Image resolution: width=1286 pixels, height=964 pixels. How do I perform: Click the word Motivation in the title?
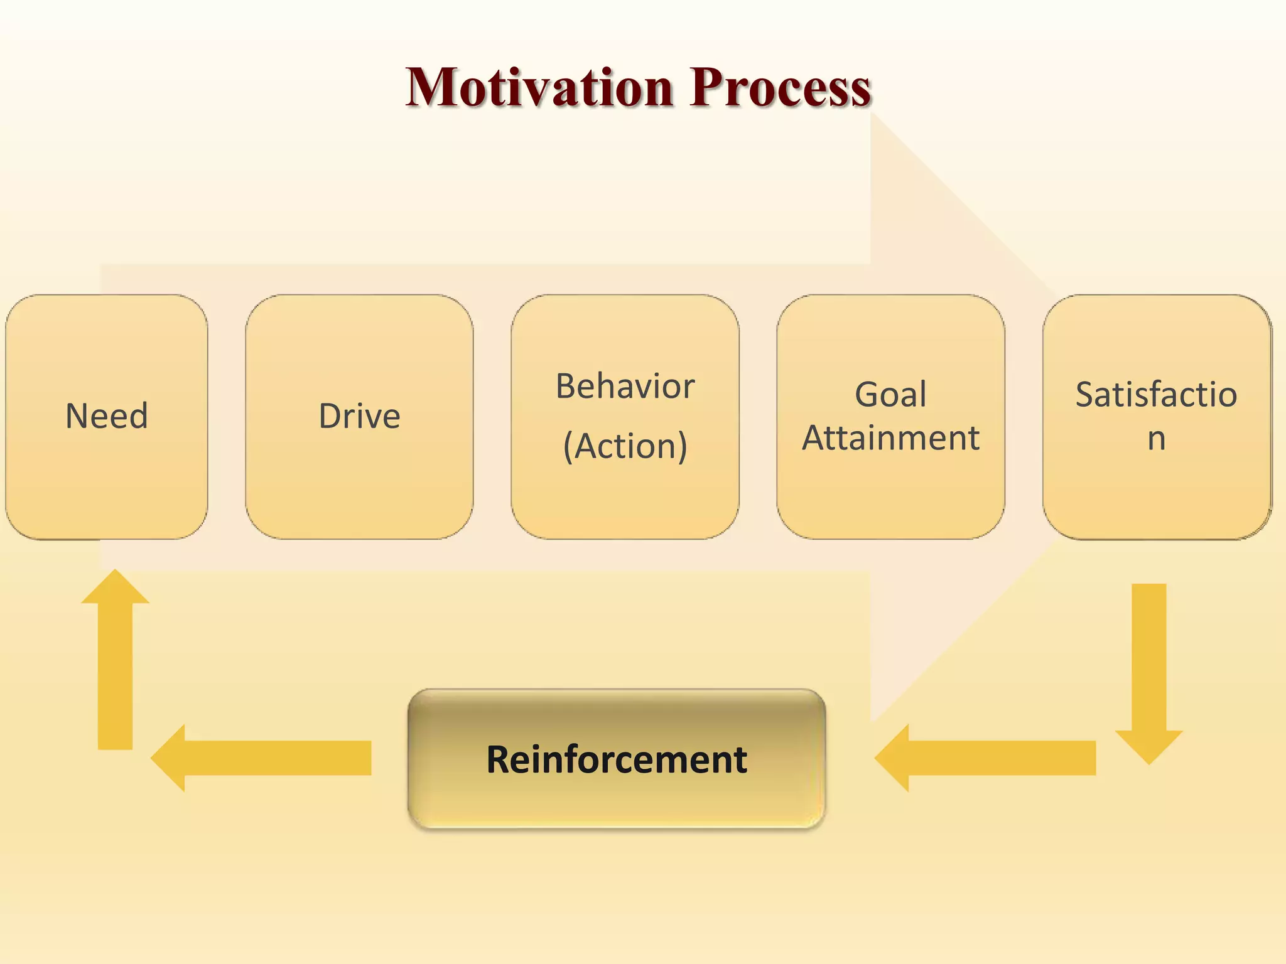(x=539, y=87)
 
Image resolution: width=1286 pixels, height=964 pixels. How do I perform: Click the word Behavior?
(x=625, y=386)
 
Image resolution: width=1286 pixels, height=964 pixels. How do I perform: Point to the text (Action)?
(x=625, y=446)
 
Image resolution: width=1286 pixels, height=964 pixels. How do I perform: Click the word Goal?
(x=890, y=395)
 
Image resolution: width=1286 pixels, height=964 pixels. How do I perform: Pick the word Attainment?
(x=890, y=437)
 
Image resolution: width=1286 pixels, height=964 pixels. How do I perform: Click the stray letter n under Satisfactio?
(x=1157, y=439)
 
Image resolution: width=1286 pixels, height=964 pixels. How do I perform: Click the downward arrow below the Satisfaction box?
(x=1149, y=665)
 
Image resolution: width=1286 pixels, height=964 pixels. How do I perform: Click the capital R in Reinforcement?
(x=499, y=759)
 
